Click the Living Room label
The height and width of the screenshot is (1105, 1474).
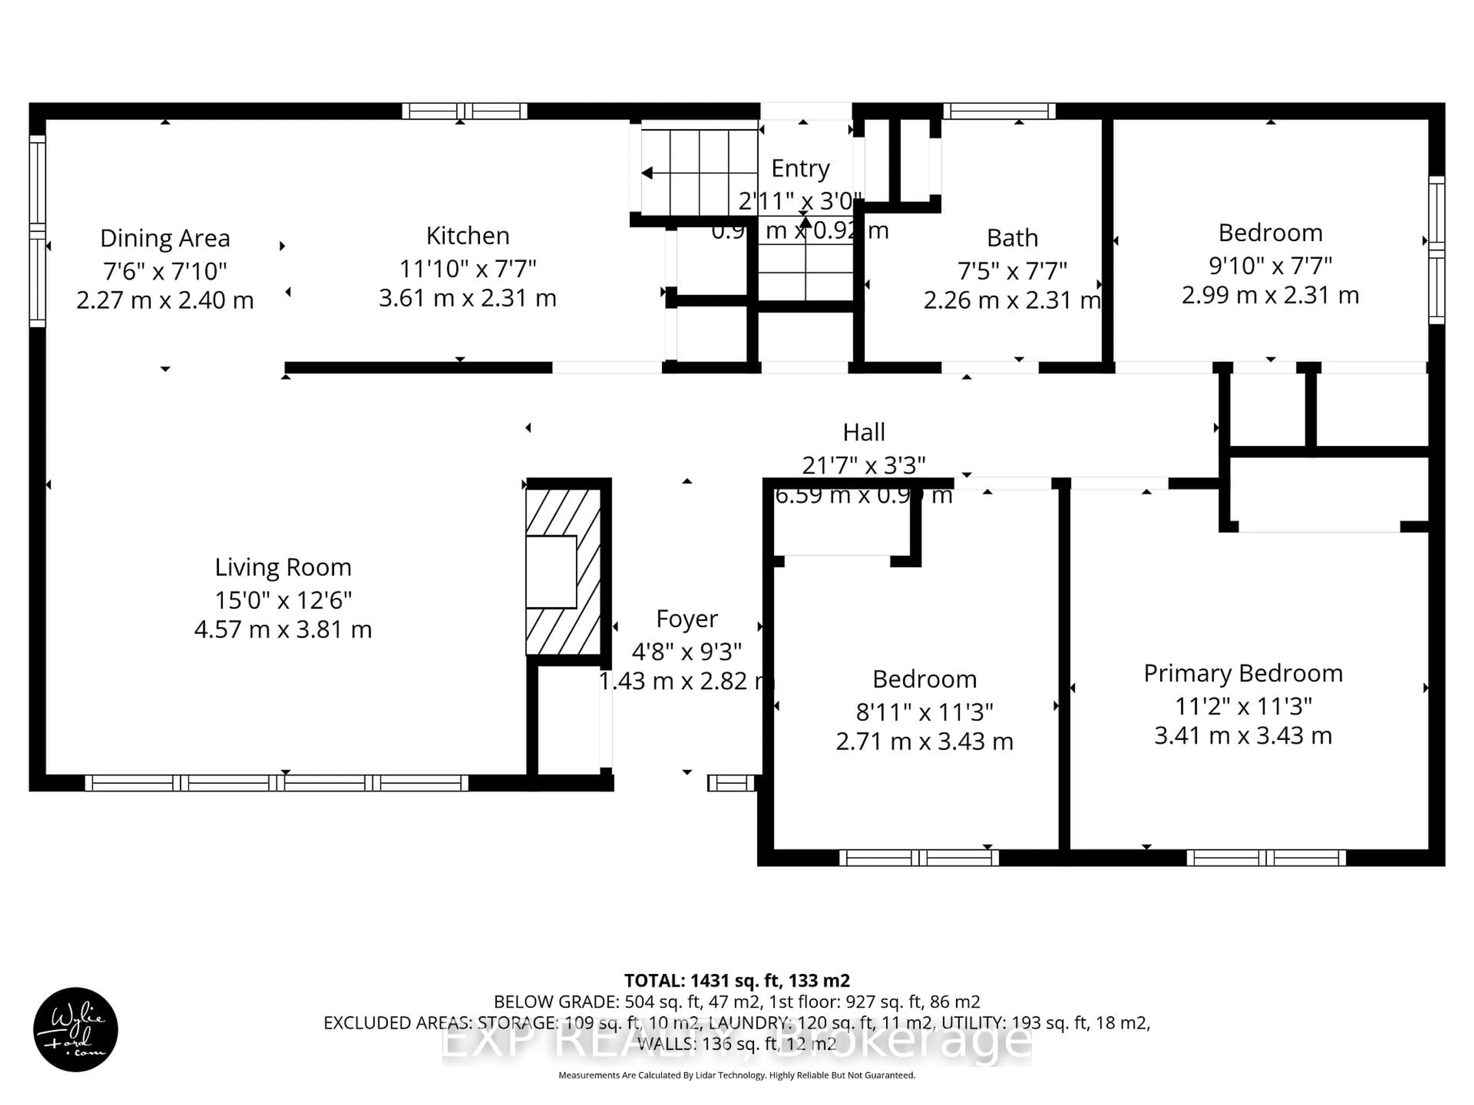[x=283, y=567]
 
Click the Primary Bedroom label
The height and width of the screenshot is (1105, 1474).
[x=1243, y=673]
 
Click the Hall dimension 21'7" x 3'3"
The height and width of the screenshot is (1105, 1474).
[x=864, y=465]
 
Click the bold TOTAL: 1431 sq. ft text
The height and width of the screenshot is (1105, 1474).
[x=736, y=980]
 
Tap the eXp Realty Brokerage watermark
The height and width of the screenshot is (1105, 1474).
[x=736, y=1042]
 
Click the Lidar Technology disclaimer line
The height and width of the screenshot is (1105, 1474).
[x=736, y=1075]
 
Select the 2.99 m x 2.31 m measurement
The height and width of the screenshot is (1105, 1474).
[x=1270, y=295]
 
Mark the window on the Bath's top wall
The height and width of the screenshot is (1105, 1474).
[x=998, y=110]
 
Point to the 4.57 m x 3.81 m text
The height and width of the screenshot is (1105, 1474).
[x=283, y=630]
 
